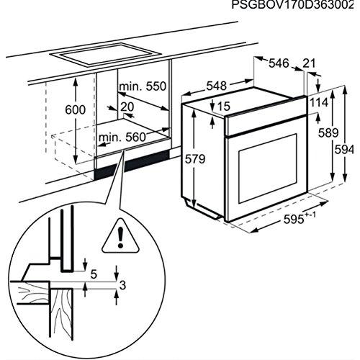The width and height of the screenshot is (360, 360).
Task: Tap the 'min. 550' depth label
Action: (143, 86)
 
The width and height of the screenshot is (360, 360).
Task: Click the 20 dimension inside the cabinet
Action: (127, 107)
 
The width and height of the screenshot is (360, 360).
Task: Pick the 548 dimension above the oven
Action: (216, 86)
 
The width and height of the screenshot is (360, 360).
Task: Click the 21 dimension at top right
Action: (309, 64)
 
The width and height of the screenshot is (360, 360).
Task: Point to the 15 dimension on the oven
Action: (223, 107)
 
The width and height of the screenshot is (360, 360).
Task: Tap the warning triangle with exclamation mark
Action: (114, 235)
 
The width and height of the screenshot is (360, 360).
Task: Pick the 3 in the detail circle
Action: (122, 285)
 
